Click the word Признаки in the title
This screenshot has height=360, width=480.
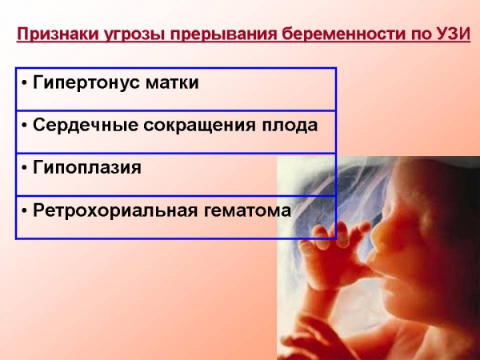pos(54,35)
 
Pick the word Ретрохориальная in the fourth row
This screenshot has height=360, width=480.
pos(106,210)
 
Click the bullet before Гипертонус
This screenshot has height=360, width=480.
pos(26,83)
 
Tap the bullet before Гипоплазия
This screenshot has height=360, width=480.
pos(26,168)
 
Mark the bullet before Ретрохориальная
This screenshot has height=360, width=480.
pos(26,210)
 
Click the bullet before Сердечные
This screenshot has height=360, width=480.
pos(26,126)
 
